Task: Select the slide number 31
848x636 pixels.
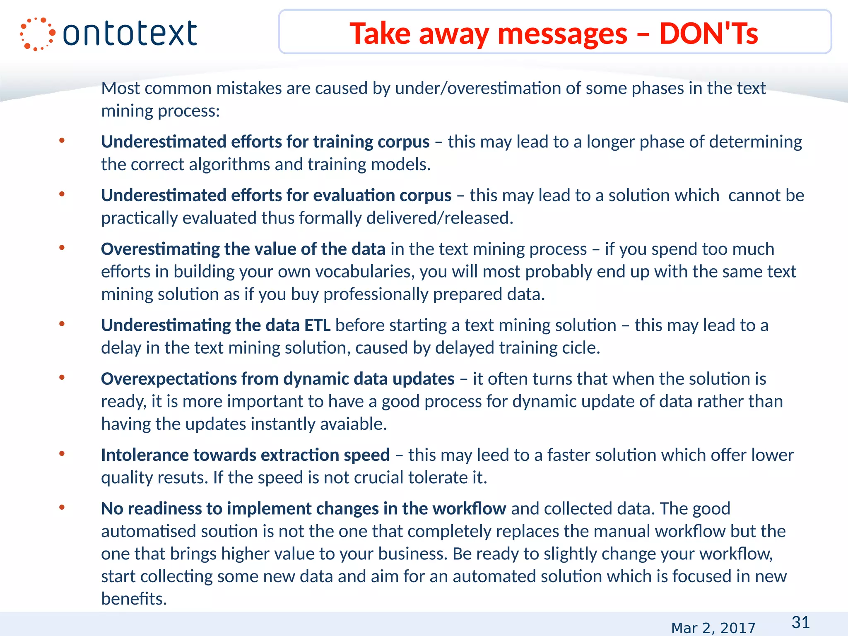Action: tap(800, 622)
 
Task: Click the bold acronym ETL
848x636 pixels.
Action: tap(318, 325)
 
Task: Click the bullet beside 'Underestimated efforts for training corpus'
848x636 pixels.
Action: tap(62, 141)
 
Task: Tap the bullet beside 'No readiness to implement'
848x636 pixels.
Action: tap(62, 508)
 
